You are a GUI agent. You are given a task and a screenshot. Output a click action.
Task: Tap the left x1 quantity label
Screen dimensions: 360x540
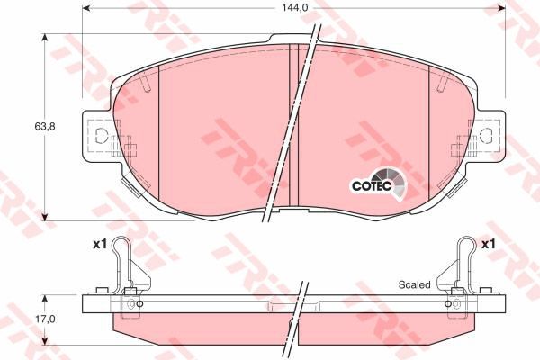pos(99,244)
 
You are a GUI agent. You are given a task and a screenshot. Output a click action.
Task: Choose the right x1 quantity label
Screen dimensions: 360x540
pos(490,244)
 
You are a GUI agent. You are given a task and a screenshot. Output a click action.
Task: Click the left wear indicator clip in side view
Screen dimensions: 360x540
pos(125,270)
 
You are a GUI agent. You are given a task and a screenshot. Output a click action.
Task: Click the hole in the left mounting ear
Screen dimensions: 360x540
pos(101,137)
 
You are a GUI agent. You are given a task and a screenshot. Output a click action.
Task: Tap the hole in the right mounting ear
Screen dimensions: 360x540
pos(487,137)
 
